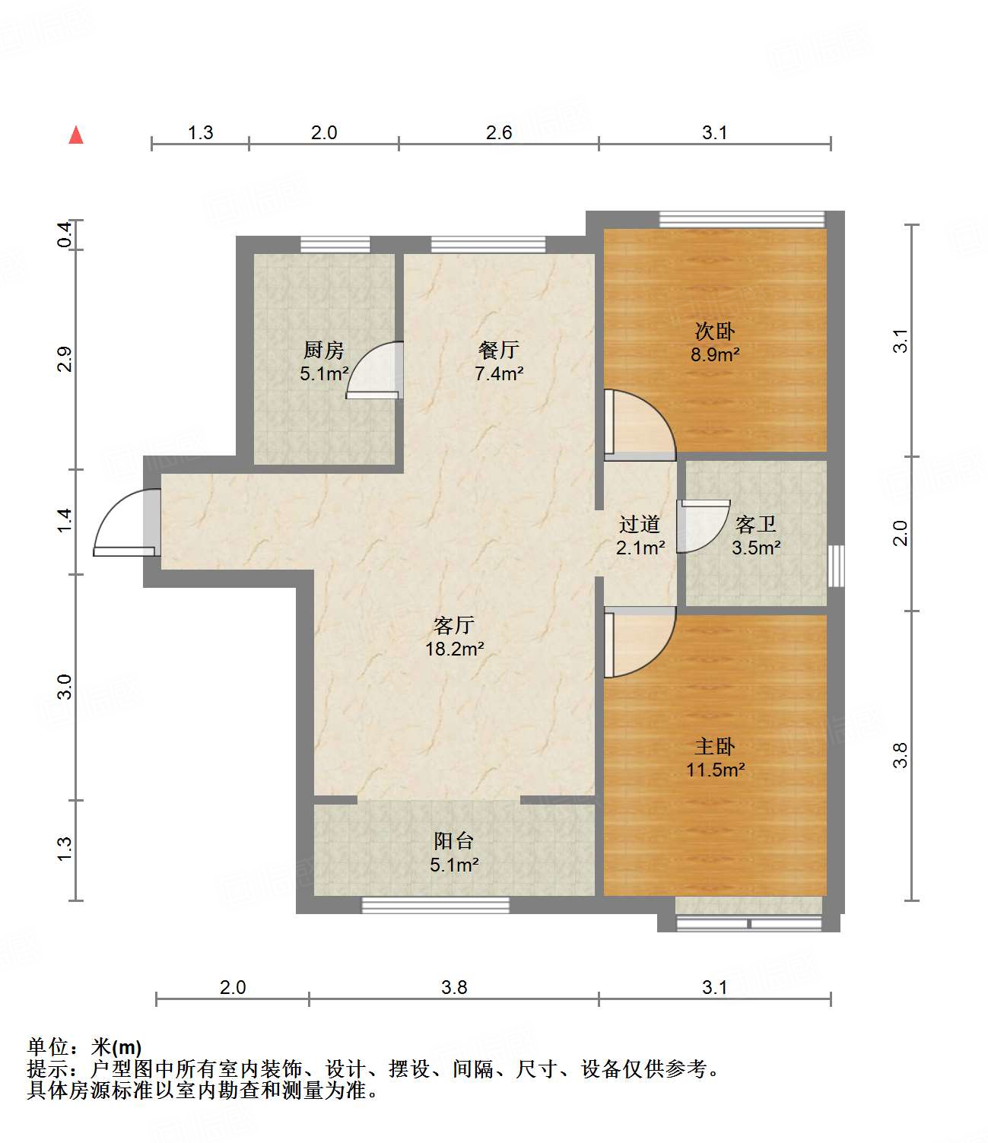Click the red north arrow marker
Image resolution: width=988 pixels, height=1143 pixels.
76,135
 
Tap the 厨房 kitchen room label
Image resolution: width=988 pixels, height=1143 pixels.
324,350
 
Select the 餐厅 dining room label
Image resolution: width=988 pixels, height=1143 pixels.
499,350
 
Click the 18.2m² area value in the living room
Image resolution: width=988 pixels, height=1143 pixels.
454,649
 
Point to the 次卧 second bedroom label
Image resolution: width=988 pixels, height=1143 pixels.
715,332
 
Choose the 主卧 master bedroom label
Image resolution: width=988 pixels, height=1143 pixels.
715,746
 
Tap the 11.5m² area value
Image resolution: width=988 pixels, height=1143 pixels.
715,770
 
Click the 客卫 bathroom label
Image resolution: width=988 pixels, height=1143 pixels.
756,525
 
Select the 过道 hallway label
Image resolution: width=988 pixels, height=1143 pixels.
639,524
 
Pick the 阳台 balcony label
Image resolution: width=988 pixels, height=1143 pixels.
454,841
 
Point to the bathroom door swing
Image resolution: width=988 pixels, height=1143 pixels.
702,525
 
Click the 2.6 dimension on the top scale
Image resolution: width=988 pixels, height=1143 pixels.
499,133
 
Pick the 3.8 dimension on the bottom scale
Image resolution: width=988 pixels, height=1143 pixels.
454,987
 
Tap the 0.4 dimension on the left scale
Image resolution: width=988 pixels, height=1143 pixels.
65,234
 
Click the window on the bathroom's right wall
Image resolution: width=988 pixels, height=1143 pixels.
836,565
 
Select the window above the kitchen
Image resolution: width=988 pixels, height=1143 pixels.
335,244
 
